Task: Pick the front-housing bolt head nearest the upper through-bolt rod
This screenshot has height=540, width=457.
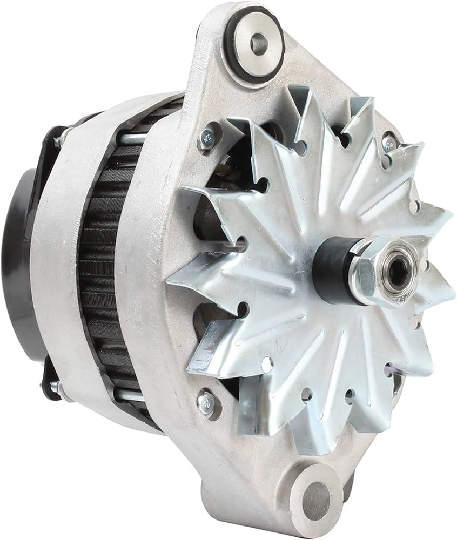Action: click(207, 138)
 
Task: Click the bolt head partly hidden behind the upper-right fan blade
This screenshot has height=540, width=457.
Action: click(389, 144)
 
